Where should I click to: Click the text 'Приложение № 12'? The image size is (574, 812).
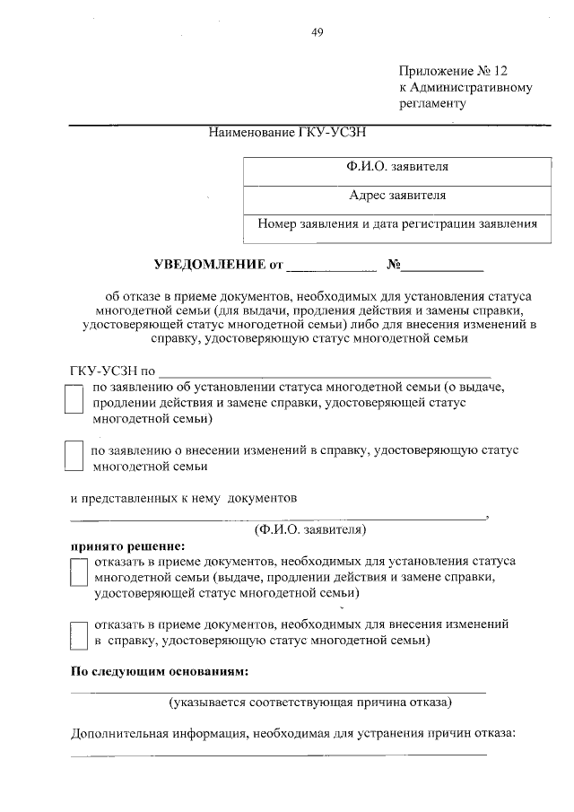click(458, 71)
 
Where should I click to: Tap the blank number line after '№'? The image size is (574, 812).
click(443, 267)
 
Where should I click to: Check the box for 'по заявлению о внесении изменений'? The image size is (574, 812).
click(75, 458)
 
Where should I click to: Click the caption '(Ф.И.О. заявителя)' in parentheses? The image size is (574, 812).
click(309, 529)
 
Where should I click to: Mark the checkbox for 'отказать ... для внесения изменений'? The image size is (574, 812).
click(79, 633)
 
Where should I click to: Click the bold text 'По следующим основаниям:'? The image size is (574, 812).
click(160, 671)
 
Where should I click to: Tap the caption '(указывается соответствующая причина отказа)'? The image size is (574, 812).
click(310, 702)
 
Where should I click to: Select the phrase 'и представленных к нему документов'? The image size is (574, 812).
click(184, 498)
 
